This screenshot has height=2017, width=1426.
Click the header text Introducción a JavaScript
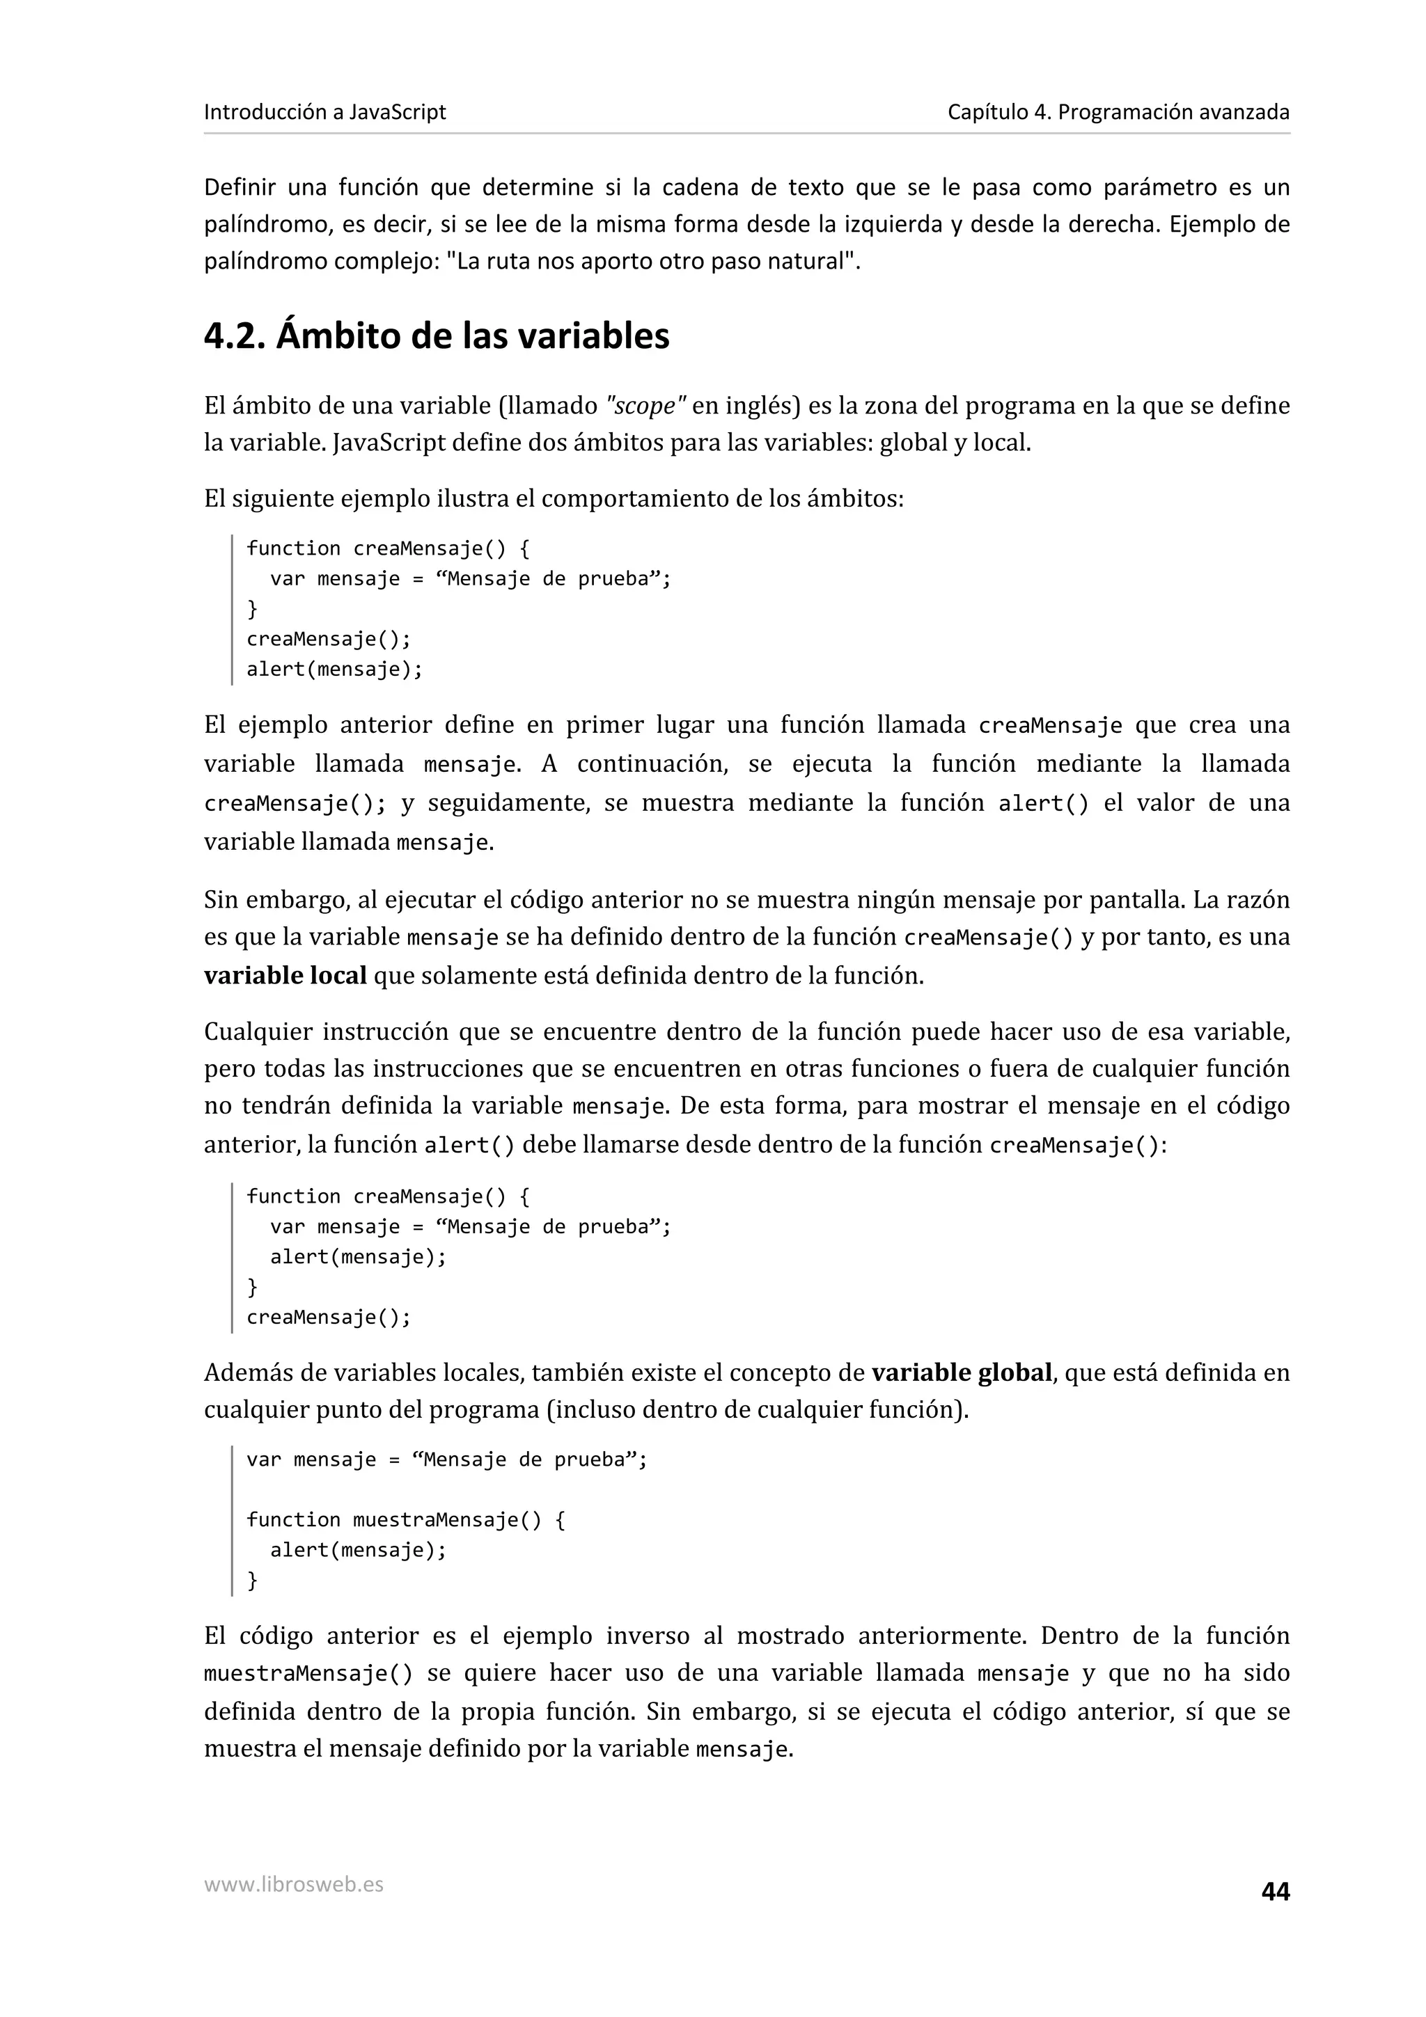[324, 113]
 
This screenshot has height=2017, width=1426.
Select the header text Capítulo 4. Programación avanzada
[1118, 113]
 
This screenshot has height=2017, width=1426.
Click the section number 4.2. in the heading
[235, 336]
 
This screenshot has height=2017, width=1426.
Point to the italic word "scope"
[645, 406]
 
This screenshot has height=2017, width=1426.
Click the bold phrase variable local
[285, 975]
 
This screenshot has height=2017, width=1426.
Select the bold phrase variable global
[961, 1373]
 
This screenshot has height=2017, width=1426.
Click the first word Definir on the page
[240, 187]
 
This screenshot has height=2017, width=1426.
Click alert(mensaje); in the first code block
[334, 670]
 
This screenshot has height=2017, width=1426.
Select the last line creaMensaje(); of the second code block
[328, 1317]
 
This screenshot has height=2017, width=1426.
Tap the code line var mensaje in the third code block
[446, 1460]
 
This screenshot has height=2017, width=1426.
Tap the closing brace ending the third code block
[253, 1581]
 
